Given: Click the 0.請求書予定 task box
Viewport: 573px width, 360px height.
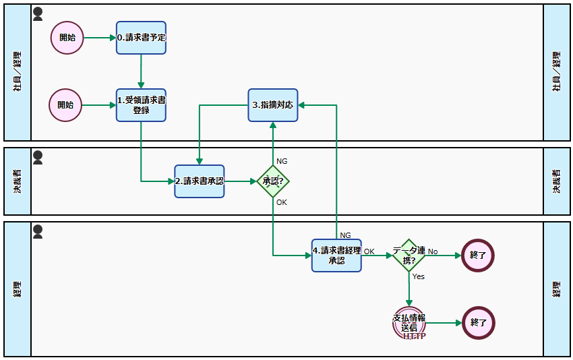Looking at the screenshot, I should point(141,38).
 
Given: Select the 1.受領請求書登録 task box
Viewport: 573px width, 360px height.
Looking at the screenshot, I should point(141,105).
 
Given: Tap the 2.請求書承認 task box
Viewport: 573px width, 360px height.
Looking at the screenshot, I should point(200,181).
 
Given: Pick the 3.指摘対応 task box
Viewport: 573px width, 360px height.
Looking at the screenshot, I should point(273,105).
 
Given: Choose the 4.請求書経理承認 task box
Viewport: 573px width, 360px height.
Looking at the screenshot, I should point(336,256).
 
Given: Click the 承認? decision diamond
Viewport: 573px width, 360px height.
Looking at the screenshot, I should point(273,181).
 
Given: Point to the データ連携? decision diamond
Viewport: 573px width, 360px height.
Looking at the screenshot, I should point(409,256).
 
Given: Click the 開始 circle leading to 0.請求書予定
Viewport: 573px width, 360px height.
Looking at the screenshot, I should point(67,38).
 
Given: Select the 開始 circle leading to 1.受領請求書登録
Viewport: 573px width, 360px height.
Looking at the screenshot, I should point(65,105).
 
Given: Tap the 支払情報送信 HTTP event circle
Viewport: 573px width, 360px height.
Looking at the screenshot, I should point(409,323).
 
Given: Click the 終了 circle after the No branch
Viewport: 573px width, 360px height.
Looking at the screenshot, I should point(478,256).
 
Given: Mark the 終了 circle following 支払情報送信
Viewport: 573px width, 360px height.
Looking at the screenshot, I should point(478,323).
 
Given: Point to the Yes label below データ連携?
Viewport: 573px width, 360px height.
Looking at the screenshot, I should point(418,276).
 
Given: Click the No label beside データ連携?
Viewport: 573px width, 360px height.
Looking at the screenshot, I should point(433,251).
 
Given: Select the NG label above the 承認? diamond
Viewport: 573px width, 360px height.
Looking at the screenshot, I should point(282,161).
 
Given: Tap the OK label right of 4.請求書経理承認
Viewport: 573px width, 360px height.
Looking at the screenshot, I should point(369,251).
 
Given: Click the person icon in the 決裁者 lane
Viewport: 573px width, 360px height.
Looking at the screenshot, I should point(38,157).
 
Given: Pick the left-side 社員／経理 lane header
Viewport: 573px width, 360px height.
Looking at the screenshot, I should point(18,72).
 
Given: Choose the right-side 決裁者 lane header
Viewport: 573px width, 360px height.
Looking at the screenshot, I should point(557,181).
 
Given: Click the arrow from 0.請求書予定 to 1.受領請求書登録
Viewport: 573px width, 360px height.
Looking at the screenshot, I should point(141,71).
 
